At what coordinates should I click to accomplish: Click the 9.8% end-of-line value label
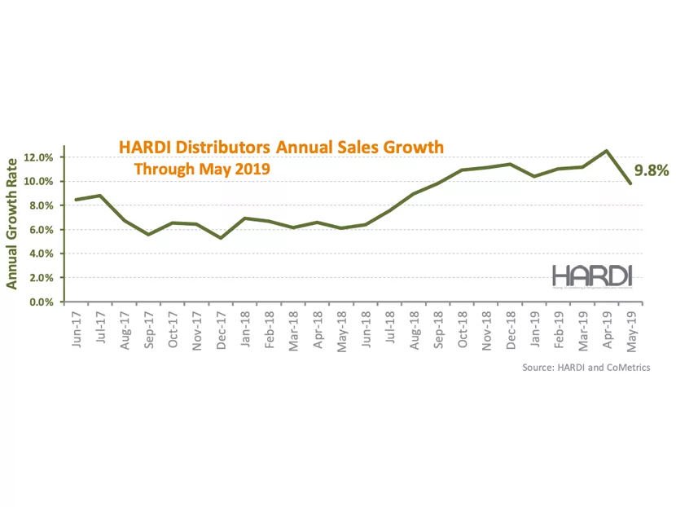point(651,170)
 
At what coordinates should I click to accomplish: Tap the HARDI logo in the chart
point(592,275)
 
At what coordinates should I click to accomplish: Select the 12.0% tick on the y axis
point(41,157)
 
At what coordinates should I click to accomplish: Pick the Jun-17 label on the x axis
point(77,328)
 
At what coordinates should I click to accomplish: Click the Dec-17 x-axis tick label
point(222,328)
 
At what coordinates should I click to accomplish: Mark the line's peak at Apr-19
point(606,151)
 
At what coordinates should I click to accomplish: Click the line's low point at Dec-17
point(221,238)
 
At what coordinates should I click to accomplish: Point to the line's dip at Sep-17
point(147,235)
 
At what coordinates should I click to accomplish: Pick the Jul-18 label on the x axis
point(391,328)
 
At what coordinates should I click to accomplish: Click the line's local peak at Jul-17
point(99,196)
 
